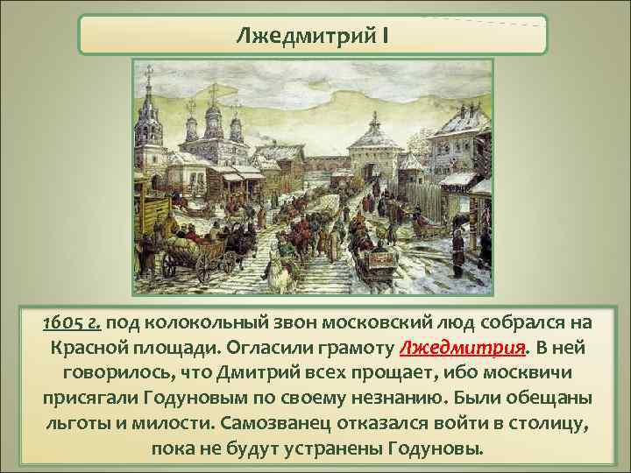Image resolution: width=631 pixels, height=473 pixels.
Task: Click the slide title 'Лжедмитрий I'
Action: [x=312, y=37]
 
